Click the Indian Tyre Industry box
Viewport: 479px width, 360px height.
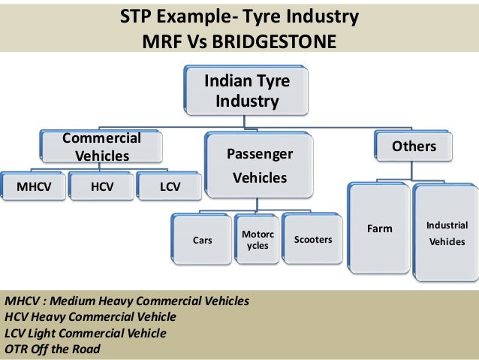[237, 90]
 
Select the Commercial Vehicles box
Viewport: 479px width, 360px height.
[101, 147]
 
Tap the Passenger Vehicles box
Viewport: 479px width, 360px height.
[260, 166]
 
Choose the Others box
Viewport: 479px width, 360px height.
[414, 147]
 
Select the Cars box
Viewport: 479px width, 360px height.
[202, 241]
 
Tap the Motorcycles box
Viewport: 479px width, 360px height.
[258, 241]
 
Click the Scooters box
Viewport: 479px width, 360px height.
[313, 241]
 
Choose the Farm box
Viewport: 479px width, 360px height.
[379, 228]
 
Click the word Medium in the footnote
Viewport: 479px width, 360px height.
[74, 301]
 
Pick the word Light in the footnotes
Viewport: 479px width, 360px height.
[44, 333]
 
